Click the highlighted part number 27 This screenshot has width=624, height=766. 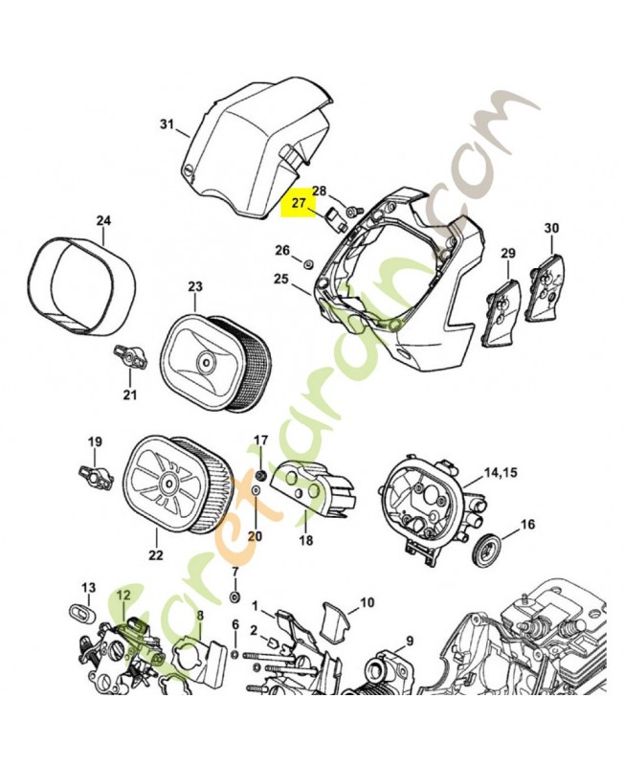pos(298,204)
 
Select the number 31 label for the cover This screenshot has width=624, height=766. pos(167,124)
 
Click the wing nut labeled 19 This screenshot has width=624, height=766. pos(94,472)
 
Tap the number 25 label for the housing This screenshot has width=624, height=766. pos(281,278)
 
